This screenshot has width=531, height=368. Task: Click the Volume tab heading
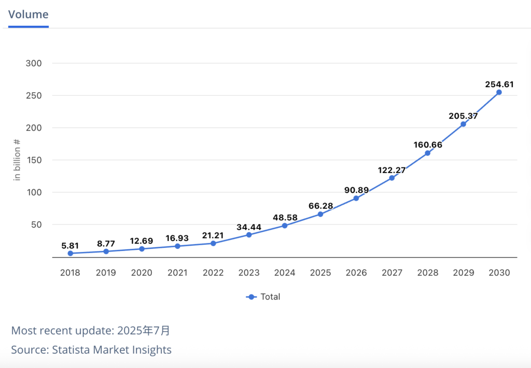point(29,14)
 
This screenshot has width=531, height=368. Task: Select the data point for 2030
point(499,92)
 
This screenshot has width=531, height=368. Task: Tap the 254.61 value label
point(499,84)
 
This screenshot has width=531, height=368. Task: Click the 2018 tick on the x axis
point(70,273)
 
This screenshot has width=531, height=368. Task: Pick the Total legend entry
point(263,297)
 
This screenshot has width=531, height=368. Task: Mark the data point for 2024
point(285,225)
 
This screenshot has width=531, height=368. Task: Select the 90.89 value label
point(356,190)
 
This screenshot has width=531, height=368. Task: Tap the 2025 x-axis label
point(320,273)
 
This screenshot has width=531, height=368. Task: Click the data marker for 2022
point(213,243)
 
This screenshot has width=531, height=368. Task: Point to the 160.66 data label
point(428,145)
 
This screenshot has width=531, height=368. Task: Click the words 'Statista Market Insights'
point(111,350)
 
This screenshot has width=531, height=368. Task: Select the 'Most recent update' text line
point(91,331)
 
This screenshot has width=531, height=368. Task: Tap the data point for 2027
point(392,178)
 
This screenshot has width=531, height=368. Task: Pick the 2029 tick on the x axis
point(463,273)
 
